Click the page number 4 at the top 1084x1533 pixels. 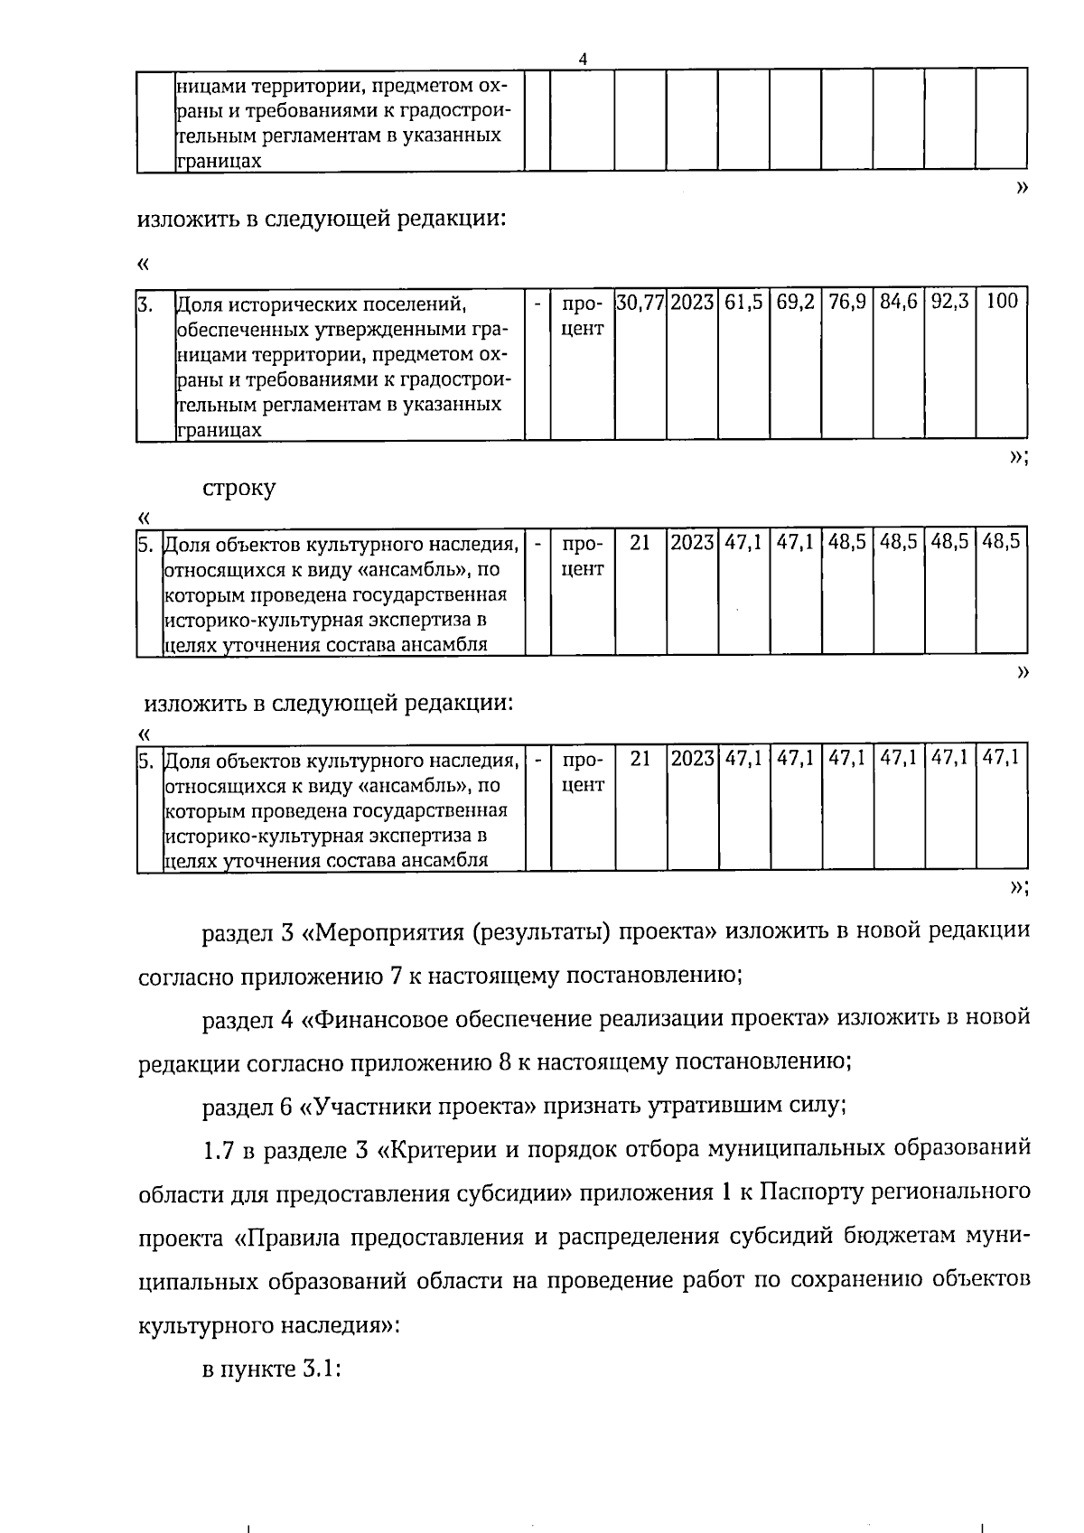583,58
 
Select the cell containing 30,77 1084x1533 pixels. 640,302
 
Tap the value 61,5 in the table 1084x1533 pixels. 743,302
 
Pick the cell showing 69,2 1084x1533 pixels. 795,302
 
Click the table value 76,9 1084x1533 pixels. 846,302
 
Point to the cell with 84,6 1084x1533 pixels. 898,302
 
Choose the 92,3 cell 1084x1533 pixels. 949,302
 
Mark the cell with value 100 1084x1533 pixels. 1001,302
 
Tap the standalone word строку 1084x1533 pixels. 239,488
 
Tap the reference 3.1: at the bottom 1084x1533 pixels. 320,1369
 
